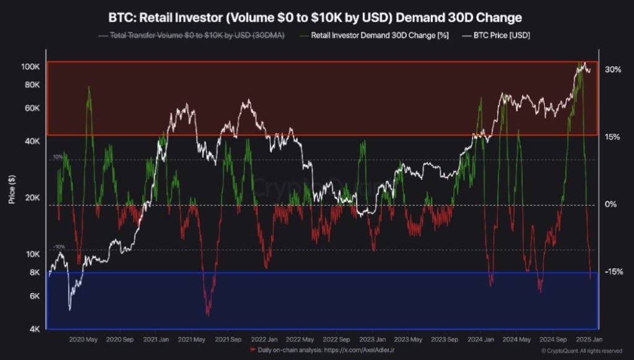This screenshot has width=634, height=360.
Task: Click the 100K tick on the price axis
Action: click(31, 66)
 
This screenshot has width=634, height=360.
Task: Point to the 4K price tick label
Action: click(35, 328)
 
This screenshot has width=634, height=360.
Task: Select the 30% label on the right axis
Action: click(613, 70)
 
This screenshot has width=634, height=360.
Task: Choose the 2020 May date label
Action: click(84, 340)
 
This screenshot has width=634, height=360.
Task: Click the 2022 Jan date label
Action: click(264, 340)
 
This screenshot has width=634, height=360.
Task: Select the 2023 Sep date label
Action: click(444, 340)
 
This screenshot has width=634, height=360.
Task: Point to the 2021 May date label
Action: click(191, 340)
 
